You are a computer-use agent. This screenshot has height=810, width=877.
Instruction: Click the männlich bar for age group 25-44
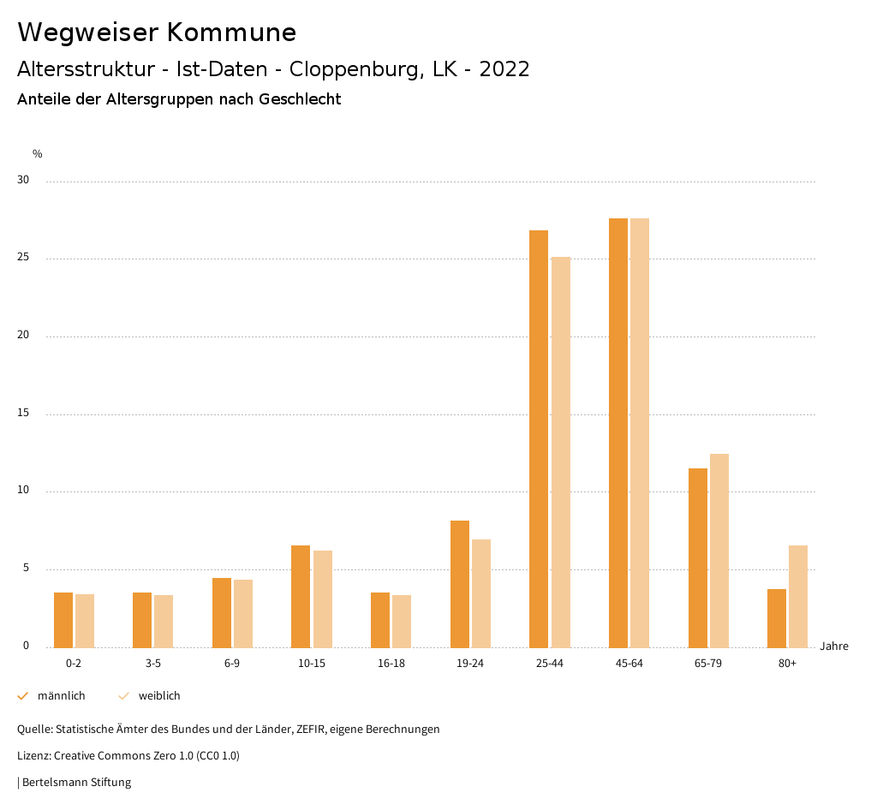click(x=539, y=438)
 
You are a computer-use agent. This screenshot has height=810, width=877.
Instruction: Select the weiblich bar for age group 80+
click(x=798, y=596)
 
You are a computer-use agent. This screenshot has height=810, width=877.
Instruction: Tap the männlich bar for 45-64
click(x=618, y=432)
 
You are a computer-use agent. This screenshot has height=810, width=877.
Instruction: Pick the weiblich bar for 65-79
click(x=719, y=551)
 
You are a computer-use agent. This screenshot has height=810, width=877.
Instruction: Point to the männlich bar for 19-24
click(x=460, y=584)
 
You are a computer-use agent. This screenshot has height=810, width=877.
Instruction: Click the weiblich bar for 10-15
click(x=322, y=599)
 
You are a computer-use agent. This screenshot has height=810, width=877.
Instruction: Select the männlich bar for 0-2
click(x=63, y=620)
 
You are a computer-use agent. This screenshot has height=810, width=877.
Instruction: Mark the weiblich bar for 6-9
click(x=243, y=613)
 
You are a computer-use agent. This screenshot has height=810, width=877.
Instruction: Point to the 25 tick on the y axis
click(x=23, y=259)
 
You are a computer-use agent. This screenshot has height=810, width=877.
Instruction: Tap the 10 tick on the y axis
click(x=23, y=491)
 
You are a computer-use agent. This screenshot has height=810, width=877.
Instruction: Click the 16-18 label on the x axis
click(x=391, y=664)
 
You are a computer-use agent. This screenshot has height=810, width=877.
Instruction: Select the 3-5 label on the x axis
click(x=153, y=664)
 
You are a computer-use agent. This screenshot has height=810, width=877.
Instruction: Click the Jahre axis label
click(x=833, y=646)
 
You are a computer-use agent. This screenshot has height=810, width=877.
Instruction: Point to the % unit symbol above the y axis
click(x=38, y=154)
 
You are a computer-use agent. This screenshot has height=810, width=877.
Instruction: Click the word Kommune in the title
click(x=231, y=33)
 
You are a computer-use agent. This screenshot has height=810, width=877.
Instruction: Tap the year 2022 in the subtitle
click(x=504, y=69)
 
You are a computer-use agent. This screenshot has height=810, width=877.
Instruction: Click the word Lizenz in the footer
click(x=33, y=756)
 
